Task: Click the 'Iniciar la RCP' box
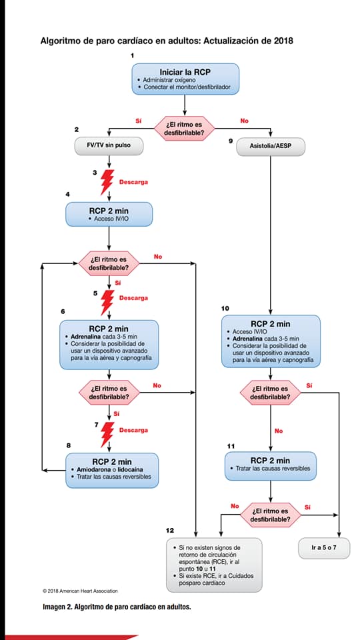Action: pos(185,79)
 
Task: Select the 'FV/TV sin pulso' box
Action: pos(109,145)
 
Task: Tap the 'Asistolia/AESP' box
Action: pos(271,146)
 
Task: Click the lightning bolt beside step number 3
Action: pos(107,181)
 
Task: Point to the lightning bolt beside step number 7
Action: pos(108,434)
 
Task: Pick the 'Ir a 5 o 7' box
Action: pos(324,548)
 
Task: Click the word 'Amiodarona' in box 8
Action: pos(89,470)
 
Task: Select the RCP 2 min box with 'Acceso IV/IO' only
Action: pos(109,214)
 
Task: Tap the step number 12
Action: pos(170,530)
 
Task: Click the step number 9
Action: pos(231,141)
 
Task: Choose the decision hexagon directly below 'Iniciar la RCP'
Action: pos(184,129)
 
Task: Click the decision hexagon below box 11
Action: pos(270,515)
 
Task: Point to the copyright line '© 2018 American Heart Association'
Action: pos(80,591)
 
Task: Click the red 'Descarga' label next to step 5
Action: pos(133,298)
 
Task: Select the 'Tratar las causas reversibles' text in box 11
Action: pos(273,468)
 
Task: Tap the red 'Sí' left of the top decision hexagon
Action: pos(139,121)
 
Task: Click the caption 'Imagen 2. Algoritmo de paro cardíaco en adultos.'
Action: pos(117,607)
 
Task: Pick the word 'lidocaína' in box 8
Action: pos(127,470)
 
